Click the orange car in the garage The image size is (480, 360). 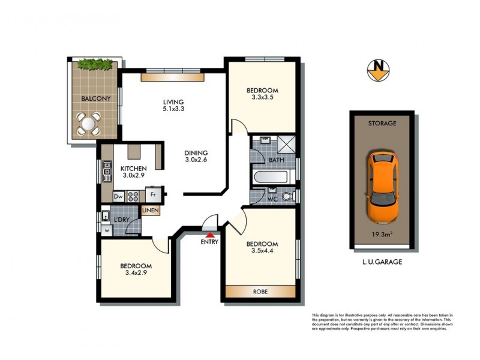pos(382,187)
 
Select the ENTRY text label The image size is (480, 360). pos(209,242)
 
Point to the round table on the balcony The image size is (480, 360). pos(89,124)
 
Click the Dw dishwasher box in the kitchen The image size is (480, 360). pos(118,196)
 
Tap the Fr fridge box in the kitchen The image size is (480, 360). pos(154,194)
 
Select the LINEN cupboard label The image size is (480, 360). pos(150,211)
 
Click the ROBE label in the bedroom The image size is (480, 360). pos(260,292)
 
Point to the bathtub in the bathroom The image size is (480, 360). pos(273,178)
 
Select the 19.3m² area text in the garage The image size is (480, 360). pos(382,236)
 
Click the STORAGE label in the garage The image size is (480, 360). pos(382,123)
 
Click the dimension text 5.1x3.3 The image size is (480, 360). pos(173,109)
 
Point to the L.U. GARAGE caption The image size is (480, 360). pos(382,262)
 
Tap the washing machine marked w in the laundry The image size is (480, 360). pos(106,229)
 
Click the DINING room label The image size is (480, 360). pos(196,152)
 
